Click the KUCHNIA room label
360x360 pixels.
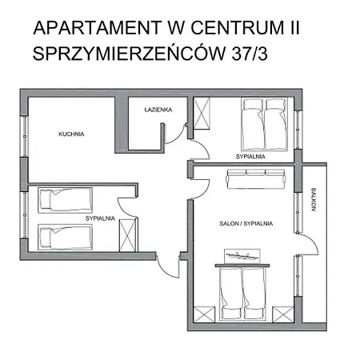[71, 134]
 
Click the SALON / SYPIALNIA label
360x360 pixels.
[246, 224]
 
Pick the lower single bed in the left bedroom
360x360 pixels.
[64, 238]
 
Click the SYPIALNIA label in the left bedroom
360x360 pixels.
[101, 218]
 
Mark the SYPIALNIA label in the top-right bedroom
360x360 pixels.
[250, 157]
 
